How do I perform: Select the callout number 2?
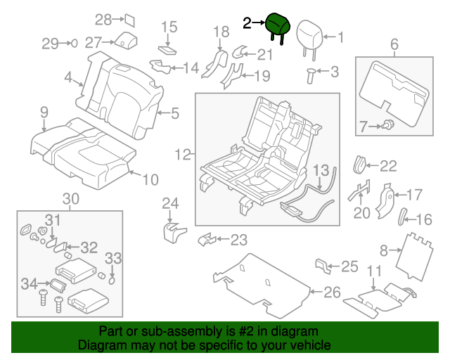point(247,23)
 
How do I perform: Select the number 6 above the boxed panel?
point(394,46)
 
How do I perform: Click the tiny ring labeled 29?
point(73,44)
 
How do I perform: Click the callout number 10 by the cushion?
point(150,179)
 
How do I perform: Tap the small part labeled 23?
point(205,240)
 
